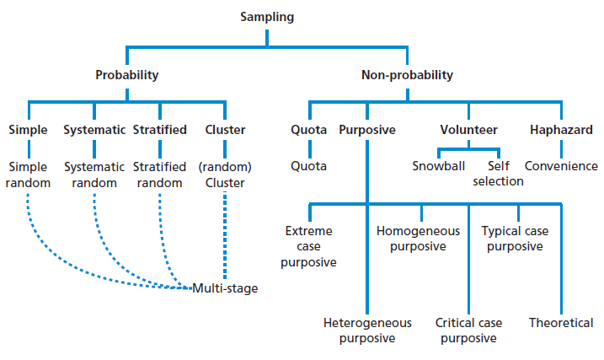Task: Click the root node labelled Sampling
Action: [267, 17]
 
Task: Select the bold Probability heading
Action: [126, 75]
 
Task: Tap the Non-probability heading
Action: [407, 75]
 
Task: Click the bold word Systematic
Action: [94, 130]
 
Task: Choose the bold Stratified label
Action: [159, 130]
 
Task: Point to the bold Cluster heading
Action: [225, 130]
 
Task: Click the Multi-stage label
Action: [225, 288]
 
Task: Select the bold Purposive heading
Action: [367, 130]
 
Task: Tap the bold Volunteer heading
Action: [469, 130]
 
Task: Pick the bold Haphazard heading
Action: [561, 130]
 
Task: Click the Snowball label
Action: [438, 166]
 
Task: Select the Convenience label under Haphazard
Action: [561, 166]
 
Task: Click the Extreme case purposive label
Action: [310, 246]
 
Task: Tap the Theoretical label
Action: [561, 323]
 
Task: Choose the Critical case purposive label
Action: [468, 330]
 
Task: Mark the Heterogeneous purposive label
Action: [367, 330]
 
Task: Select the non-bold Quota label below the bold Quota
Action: [309, 166]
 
